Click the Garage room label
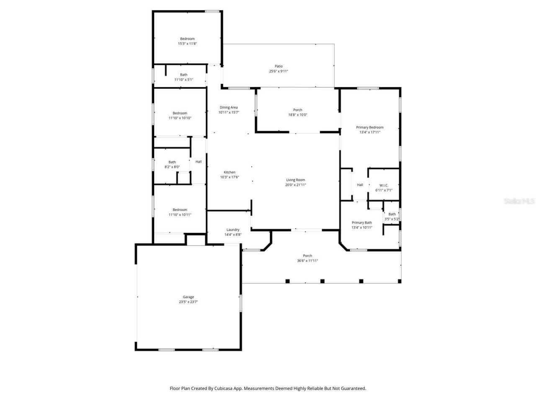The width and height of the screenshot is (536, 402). pyautogui.click(x=188, y=297)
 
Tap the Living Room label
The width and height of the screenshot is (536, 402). pyautogui.click(x=296, y=180)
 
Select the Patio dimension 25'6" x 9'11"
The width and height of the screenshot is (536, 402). pyautogui.click(x=278, y=71)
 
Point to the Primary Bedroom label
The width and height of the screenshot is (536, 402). pyautogui.click(x=370, y=127)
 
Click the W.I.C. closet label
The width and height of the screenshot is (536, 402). pyautogui.click(x=384, y=185)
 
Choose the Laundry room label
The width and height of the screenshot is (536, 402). pyautogui.click(x=233, y=229)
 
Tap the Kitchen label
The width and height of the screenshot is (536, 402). pyautogui.click(x=229, y=172)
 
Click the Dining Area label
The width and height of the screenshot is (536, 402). pyautogui.click(x=228, y=107)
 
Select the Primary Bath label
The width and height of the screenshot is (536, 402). pyautogui.click(x=362, y=223)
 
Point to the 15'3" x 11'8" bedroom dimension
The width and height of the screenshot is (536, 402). pyautogui.click(x=187, y=44)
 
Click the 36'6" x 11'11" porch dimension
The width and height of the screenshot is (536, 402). pyautogui.click(x=307, y=261)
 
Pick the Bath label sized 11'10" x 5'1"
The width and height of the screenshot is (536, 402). pyautogui.click(x=183, y=75)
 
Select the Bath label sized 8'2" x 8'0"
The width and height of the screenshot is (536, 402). pyautogui.click(x=172, y=162)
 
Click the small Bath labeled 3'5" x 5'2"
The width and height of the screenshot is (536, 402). pyautogui.click(x=392, y=214)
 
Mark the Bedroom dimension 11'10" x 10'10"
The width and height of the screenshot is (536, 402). pyautogui.click(x=180, y=118)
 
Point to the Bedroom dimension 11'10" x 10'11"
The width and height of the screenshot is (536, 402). pyautogui.click(x=180, y=215)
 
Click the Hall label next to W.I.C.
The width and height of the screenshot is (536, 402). pyautogui.click(x=360, y=185)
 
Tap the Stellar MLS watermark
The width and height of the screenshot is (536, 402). pyautogui.click(x=519, y=201)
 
